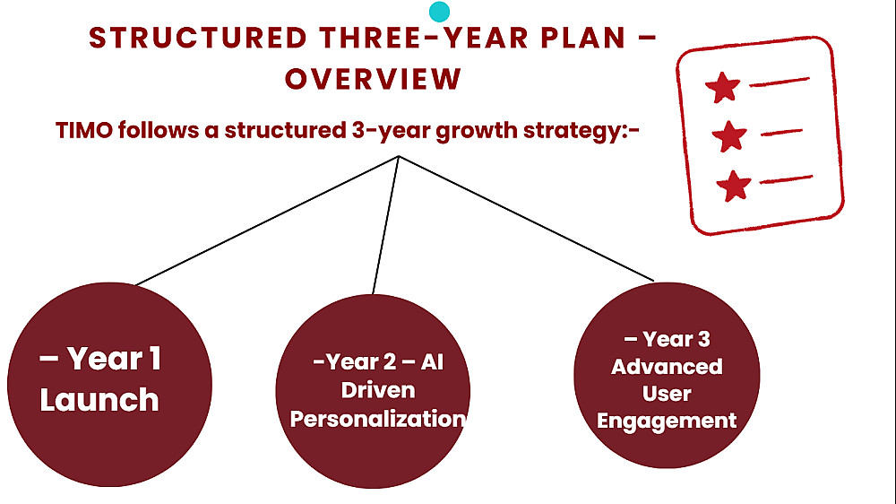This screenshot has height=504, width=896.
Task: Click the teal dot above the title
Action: (x=439, y=12)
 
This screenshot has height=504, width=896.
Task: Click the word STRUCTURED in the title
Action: (x=198, y=39)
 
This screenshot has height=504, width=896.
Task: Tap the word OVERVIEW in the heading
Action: (x=373, y=79)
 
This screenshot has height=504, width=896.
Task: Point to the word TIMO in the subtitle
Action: (x=84, y=130)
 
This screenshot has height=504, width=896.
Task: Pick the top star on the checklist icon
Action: (x=723, y=87)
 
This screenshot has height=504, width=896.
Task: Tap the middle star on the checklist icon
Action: (x=729, y=136)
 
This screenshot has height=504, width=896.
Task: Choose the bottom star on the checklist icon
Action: (x=734, y=186)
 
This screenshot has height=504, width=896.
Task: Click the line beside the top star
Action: (x=780, y=82)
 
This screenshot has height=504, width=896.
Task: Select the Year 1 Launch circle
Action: (x=109, y=385)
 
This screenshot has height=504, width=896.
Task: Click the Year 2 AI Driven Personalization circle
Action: (x=373, y=391)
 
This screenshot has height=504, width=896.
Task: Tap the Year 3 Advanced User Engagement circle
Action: (x=667, y=375)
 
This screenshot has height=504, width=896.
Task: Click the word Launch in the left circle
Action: (x=99, y=399)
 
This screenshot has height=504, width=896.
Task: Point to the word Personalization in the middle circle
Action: (x=378, y=419)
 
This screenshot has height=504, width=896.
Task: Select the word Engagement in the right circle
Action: (x=667, y=421)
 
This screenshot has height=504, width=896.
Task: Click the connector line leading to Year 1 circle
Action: (x=267, y=221)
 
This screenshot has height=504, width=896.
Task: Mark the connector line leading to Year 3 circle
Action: (x=526, y=218)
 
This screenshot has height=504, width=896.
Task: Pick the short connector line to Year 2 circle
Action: (x=385, y=225)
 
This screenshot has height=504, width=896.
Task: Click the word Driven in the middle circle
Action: (x=378, y=390)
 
